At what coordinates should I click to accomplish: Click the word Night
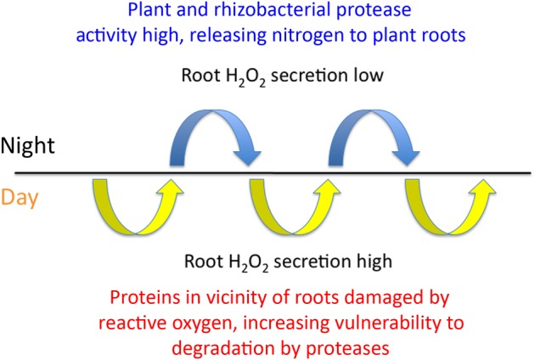tap(27, 145)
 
